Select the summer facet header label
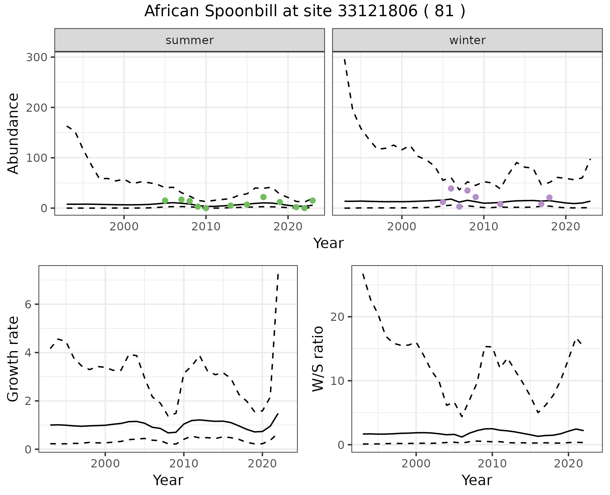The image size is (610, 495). [190, 40]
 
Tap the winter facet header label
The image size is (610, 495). [467, 40]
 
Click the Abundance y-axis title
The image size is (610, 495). [13, 133]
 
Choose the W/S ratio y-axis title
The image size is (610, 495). [318, 359]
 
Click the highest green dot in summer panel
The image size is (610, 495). [263, 197]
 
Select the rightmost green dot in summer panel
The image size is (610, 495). [313, 201]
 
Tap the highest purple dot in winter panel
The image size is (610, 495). [451, 188]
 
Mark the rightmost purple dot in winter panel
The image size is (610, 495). [549, 198]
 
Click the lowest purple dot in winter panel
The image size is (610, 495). [459, 207]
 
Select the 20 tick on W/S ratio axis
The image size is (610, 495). [338, 317]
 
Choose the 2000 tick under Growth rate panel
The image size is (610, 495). [105, 464]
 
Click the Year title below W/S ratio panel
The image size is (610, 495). [477, 480]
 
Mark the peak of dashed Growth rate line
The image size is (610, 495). [278, 274]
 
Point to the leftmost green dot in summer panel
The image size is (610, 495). [165, 201]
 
